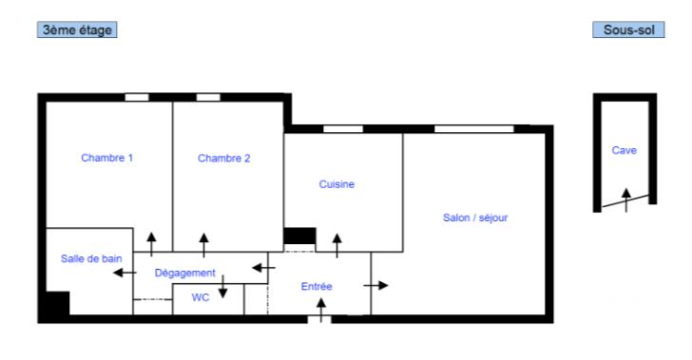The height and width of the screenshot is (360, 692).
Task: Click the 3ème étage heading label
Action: tap(76, 30)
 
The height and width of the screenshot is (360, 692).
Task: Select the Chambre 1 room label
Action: tap(106, 159)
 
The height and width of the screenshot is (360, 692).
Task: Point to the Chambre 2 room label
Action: tap(223, 159)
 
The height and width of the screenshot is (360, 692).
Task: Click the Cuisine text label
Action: tap(336, 184)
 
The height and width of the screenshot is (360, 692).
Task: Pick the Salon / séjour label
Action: tap(475, 218)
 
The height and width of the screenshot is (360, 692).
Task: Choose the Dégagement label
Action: tap(185, 273)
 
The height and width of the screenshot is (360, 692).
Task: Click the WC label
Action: tap(200, 297)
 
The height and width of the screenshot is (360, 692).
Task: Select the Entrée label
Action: tap(317, 286)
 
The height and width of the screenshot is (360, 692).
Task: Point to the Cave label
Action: tap(624, 150)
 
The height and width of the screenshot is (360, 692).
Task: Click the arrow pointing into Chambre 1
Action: tap(151, 241)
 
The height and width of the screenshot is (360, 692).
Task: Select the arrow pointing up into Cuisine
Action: tap(336, 243)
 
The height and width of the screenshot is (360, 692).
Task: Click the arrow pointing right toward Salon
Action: tap(376, 285)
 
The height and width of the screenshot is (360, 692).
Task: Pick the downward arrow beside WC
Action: tap(222, 287)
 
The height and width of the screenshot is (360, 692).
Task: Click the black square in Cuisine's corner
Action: tap(300, 237)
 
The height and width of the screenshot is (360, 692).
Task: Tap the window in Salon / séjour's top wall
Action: tap(473, 127)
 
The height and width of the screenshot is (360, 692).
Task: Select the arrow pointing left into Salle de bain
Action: tap(121, 274)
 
